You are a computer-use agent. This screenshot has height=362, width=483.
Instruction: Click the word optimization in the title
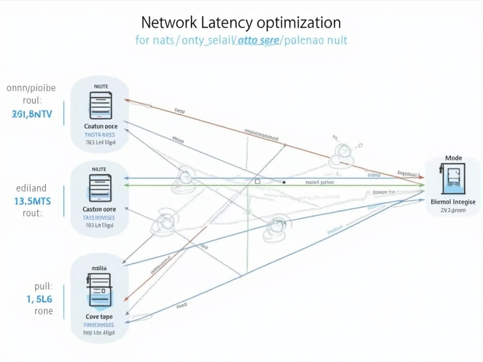coord(299,22)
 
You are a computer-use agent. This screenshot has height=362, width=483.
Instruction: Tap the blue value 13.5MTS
coord(33,201)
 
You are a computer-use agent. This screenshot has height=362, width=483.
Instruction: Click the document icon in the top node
coord(100,106)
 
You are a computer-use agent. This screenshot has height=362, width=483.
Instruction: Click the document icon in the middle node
coord(100,188)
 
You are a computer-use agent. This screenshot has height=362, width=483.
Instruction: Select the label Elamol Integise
coord(453,201)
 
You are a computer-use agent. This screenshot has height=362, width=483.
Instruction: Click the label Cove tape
coord(99,317)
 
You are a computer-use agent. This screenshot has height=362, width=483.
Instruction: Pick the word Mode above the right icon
coord(453,158)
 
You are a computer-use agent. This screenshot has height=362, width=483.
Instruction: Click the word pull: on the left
coord(43,286)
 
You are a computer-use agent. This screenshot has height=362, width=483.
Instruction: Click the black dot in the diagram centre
coord(284,181)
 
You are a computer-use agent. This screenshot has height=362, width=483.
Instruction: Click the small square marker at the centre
coord(258,181)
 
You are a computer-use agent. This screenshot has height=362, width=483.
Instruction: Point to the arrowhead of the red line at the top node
coord(126,100)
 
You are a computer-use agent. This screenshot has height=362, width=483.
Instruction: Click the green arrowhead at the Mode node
coord(422,185)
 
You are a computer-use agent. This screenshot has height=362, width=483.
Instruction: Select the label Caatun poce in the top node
coord(100,126)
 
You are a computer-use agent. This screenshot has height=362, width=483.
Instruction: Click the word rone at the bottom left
coord(43,311)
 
